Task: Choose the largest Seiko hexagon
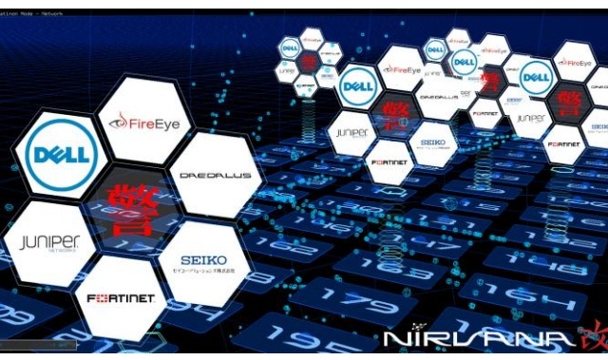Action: pyautogui.click(x=203, y=263)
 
